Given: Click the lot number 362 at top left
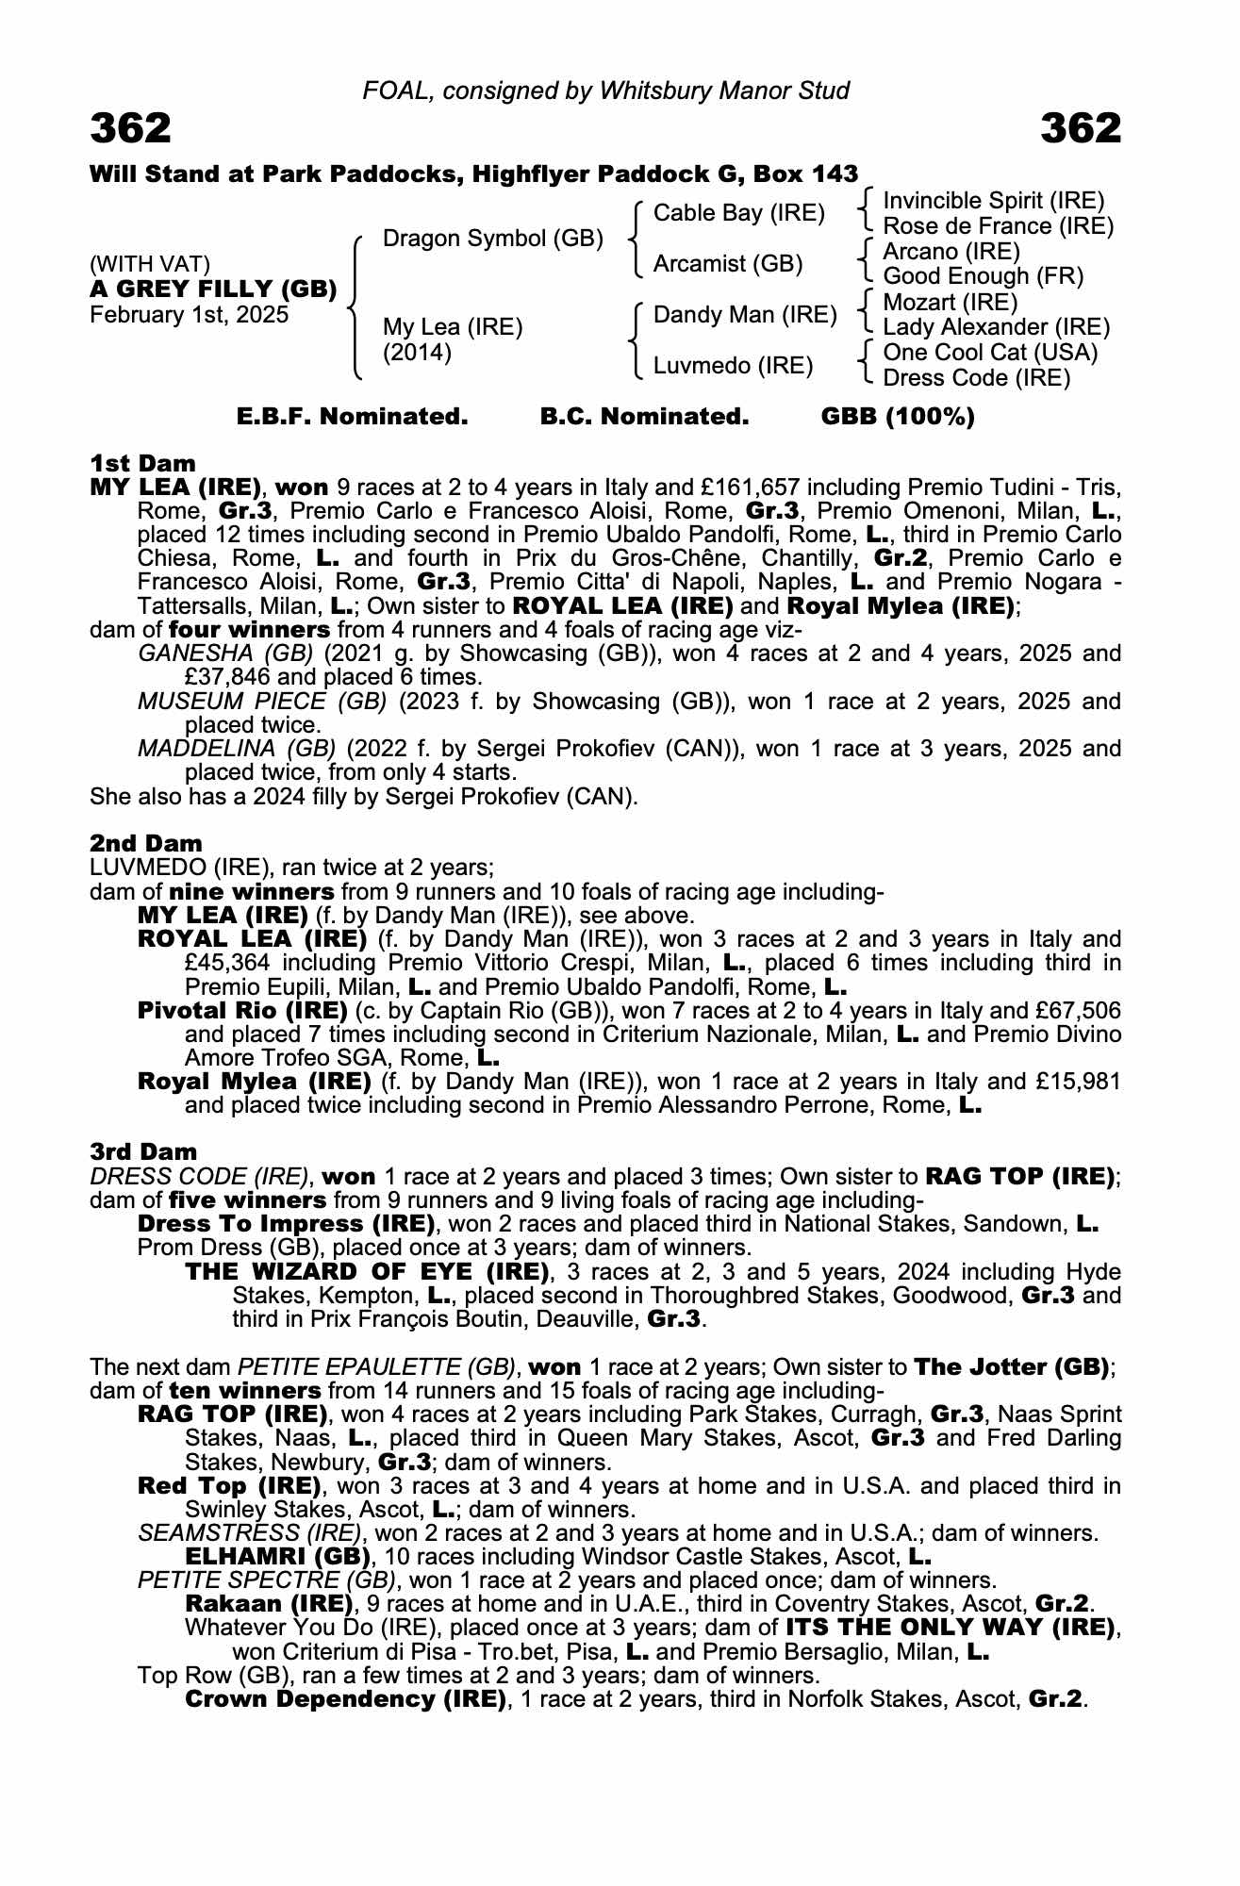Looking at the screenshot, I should (x=131, y=129).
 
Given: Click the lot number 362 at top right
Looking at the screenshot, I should (x=1081, y=129).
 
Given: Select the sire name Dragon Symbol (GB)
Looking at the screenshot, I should (x=492, y=239).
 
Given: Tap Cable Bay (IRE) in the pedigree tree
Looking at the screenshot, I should (x=738, y=213).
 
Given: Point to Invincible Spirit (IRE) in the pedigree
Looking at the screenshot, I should (x=993, y=201).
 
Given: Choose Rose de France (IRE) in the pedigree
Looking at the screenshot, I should (x=998, y=226).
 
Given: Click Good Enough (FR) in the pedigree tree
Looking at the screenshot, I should (x=983, y=276).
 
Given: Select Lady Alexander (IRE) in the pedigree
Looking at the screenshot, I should (x=996, y=327).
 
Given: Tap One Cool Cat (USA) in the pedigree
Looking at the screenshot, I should (x=990, y=353).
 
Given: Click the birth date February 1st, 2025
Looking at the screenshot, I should (x=189, y=315).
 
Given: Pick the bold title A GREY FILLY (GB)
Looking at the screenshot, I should (x=213, y=290).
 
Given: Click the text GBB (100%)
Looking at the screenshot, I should (x=898, y=417).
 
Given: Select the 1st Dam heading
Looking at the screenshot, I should (x=142, y=463).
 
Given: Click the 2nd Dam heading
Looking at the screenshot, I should (x=146, y=843).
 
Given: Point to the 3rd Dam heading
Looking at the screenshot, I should (x=143, y=1151).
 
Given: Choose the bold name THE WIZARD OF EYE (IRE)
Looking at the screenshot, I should (x=367, y=1271).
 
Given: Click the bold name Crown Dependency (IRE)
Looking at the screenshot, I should (x=345, y=1699).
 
